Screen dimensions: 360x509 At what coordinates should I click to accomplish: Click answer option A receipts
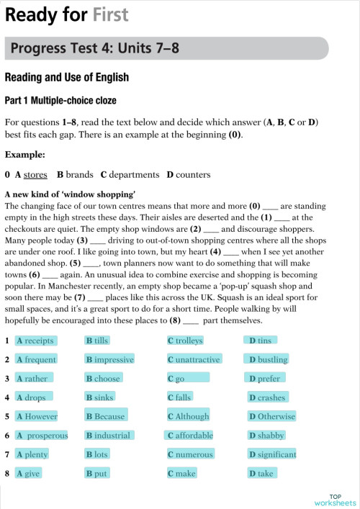pyautogui.click(x=35, y=341)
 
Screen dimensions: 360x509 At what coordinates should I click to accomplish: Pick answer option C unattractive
pyautogui.click(x=194, y=359)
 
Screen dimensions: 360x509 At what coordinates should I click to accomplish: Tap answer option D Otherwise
pyautogui.click(x=272, y=416)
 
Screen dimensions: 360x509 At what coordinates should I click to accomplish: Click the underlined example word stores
pyautogui.click(x=36, y=174)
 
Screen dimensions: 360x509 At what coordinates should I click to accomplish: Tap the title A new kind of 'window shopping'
pyautogui.click(x=70, y=194)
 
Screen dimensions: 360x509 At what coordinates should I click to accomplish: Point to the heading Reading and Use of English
pyautogui.click(x=67, y=78)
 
